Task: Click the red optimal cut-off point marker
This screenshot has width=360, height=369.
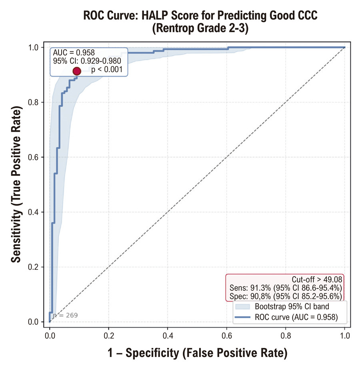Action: coord(77,71)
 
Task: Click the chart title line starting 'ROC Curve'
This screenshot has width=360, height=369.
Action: coord(200,16)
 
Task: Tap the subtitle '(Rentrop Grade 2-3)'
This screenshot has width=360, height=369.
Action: coord(200,28)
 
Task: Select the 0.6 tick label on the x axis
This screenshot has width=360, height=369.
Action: coord(227,336)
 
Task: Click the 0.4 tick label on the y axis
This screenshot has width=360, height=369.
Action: coord(33,212)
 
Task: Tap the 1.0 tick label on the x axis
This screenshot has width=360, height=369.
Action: coord(345,336)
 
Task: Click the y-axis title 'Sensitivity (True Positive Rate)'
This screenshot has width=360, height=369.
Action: coord(16,184)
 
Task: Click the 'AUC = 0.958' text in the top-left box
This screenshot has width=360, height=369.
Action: coord(74,52)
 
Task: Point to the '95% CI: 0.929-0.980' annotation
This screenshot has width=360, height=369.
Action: coord(87,61)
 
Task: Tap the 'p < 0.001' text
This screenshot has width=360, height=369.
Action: coord(107,69)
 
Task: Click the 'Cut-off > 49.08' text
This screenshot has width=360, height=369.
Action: coord(317,279)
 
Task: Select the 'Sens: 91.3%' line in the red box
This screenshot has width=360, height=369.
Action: coord(286,288)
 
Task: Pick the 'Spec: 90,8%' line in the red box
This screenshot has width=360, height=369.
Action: coord(286,296)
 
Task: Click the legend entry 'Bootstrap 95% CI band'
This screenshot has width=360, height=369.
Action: coord(292,307)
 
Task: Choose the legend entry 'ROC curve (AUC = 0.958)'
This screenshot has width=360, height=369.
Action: coord(296,317)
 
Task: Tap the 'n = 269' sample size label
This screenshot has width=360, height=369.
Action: coord(65,315)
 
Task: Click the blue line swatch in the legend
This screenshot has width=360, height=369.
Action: coord(242,317)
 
